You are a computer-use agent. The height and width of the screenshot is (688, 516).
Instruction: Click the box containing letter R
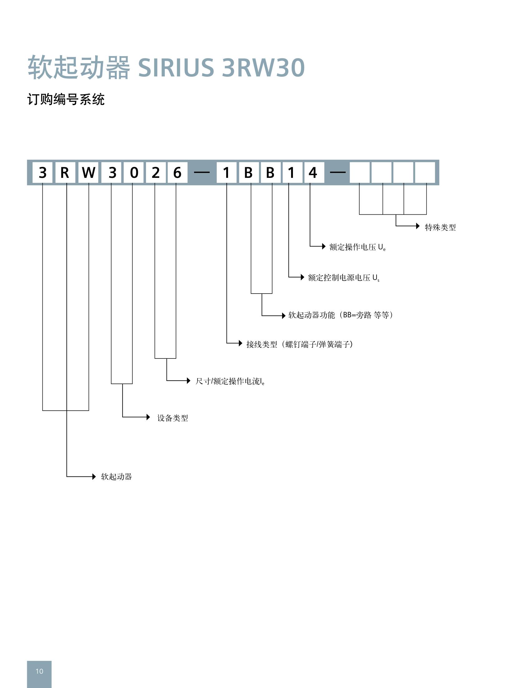tap(65, 173)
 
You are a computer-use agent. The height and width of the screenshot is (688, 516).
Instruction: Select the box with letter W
tap(89, 173)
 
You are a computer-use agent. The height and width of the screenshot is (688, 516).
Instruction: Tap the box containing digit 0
tap(134, 173)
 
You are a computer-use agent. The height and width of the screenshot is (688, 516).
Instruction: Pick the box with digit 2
tap(155, 173)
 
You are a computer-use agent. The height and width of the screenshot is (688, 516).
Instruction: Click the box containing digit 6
tap(177, 173)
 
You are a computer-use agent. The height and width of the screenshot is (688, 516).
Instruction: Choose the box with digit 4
tap(313, 173)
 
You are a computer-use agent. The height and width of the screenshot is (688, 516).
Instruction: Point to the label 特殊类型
tap(440, 227)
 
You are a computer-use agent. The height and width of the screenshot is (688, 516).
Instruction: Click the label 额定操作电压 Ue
tap(357, 247)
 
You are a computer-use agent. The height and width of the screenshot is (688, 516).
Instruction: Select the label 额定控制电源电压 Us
tap(343, 278)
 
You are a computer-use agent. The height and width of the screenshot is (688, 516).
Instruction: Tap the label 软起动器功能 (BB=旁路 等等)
tap(340, 315)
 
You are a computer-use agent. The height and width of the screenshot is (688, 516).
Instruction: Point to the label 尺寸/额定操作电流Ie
tap(230, 381)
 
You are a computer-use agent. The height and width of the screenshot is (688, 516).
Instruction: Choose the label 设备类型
tap(173, 418)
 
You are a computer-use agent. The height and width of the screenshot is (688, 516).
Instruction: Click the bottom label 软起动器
tap(116, 477)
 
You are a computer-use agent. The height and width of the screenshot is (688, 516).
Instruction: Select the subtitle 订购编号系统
tap(66, 100)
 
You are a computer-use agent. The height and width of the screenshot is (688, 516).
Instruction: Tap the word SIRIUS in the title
tap(176, 67)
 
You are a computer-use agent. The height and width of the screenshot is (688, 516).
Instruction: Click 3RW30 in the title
tap(263, 67)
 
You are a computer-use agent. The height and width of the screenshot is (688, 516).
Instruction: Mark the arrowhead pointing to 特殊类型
tap(418, 226)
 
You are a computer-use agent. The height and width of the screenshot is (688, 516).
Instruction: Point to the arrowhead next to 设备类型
tap(148, 417)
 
